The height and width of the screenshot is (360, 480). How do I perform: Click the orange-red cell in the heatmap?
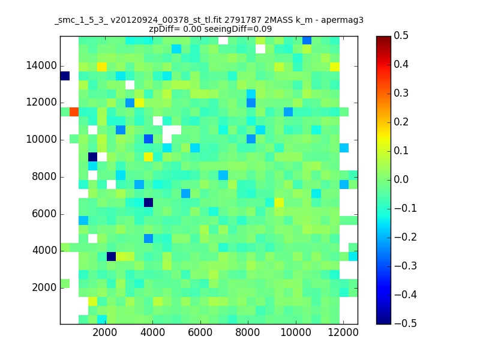coord(74,112)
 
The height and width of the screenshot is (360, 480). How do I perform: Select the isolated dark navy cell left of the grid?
coord(65,76)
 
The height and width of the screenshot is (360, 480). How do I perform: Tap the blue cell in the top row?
coord(307,40)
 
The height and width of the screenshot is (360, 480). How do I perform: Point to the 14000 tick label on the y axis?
coord(41,65)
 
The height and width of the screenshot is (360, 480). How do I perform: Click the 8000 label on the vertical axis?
coord(44,176)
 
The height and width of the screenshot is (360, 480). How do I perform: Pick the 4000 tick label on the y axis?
coord(44,250)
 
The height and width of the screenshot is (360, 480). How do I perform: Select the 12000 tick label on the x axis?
coord(343,332)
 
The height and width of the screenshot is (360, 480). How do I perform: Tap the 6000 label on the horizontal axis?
coord(200,332)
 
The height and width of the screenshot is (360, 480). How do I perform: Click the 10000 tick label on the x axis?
coord(296,332)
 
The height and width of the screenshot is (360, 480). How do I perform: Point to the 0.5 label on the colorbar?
coord(401,35)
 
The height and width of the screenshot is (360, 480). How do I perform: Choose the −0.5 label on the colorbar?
coord(406,323)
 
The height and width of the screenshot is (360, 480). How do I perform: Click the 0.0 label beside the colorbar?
coord(401,179)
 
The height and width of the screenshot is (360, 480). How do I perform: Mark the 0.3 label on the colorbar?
coord(401,93)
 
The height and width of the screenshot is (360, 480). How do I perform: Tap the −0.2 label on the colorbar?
coord(406,237)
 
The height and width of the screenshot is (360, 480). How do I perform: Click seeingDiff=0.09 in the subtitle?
coord(238,29)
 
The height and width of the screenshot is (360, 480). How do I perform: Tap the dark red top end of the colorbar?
coord(383,38)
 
